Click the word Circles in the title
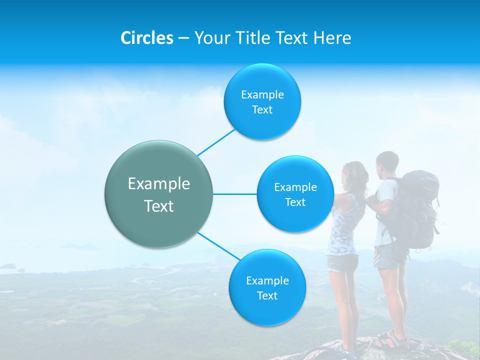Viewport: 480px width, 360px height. click(x=146, y=38)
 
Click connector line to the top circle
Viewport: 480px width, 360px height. click(x=216, y=142)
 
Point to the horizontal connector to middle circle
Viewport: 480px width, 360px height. click(x=235, y=194)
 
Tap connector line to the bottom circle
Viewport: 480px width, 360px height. click(x=218, y=246)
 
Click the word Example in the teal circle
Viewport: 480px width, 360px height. click(x=159, y=184)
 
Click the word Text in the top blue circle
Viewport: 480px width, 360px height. click(x=262, y=110)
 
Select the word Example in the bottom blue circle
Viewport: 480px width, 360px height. click(x=267, y=280)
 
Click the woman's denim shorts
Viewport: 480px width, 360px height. click(x=342, y=263)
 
